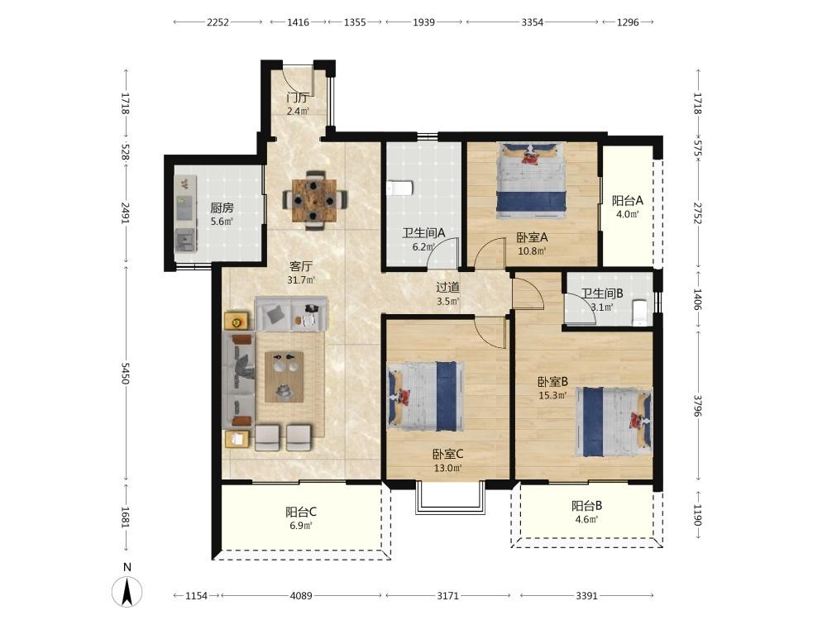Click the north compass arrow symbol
pyautogui.click(x=127, y=592)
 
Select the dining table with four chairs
pyautogui.click(x=315, y=200)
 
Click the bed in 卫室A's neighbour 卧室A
pyautogui.click(x=532, y=180)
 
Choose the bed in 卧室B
pyautogui.click(x=614, y=422)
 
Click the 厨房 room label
pyautogui.click(x=222, y=207)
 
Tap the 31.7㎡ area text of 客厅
pyautogui.click(x=301, y=280)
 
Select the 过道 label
pyautogui.click(x=447, y=288)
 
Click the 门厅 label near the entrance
pyautogui.click(x=298, y=98)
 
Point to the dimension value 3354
pyautogui.click(x=532, y=22)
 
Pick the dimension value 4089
pyautogui.click(x=301, y=596)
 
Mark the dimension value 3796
pyautogui.click(x=698, y=405)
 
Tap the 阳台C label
pyautogui.click(x=301, y=512)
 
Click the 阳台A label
pyautogui.click(x=628, y=200)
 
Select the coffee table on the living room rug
pyautogui.click(x=284, y=376)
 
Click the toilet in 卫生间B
pyautogui.click(x=638, y=312)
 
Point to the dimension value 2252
pyautogui.click(x=218, y=22)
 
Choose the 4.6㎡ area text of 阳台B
pyautogui.click(x=587, y=519)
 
